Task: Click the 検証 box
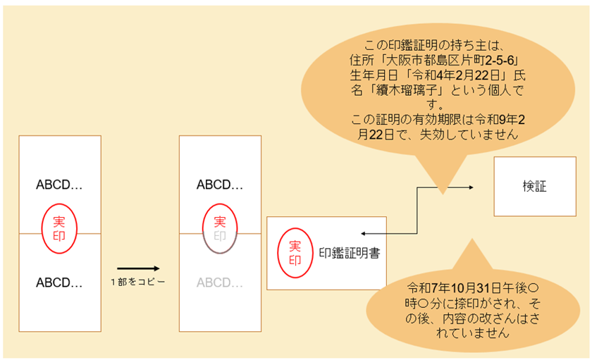tap(534, 186)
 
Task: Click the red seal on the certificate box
tap(294, 252)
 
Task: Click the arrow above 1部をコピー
tap(139, 268)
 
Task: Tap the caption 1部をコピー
tap(138, 281)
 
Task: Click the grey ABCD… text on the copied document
tap(219, 283)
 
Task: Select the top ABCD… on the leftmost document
tap(59, 185)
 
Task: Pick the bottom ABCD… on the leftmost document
tap(59, 283)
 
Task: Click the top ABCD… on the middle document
tap(219, 185)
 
